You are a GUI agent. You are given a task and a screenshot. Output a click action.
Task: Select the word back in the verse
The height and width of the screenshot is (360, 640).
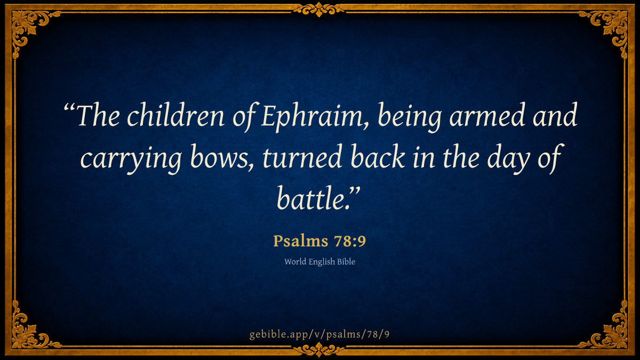pyautogui.click(x=377, y=157)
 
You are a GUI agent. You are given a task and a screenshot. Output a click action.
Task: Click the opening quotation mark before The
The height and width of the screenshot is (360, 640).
pyautogui.click(x=69, y=108)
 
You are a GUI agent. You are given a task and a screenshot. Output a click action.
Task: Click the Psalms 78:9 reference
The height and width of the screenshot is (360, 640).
pyautogui.click(x=319, y=241)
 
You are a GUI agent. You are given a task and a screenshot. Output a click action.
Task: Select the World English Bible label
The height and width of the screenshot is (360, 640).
pyautogui.click(x=319, y=262)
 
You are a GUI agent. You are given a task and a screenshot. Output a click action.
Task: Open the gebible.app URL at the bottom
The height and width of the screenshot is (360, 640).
pyautogui.click(x=319, y=334)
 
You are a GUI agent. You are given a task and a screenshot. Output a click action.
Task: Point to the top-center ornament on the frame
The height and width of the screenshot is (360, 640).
pyautogui.click(x=319, y=9)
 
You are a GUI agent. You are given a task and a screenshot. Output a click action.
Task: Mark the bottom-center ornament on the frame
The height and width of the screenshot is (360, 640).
pyautogui.click(x=319, y=350)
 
